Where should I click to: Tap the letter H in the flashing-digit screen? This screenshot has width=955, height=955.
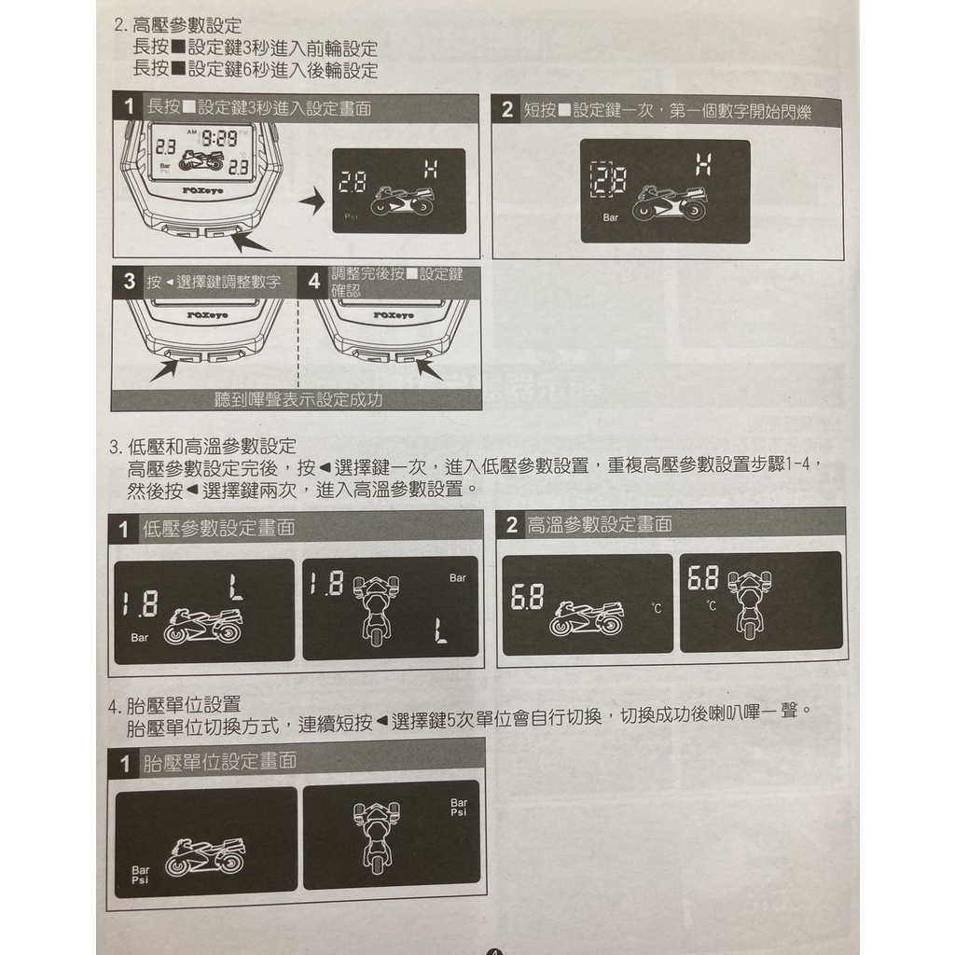click(x=704, y=164)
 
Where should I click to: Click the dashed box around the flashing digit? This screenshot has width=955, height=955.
click(x=602, y=179)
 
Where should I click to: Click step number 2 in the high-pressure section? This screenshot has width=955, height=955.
click(x=507, y=110)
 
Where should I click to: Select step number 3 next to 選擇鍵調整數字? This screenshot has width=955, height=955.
click(x=129, y=282)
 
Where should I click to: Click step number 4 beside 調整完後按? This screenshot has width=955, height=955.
click(x=313, y=282)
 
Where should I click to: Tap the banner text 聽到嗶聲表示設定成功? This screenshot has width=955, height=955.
click(x=298, y=399)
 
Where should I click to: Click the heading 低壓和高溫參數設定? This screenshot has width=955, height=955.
click(x=212, y=447)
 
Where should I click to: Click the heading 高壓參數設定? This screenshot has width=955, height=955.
click(x=187, y=25)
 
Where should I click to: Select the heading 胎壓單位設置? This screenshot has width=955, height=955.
click(x=184, y=705)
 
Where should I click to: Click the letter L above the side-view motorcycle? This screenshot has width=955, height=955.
click(x=236, y=588)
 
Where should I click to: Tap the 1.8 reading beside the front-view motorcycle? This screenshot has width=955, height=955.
click(x=327, y=584)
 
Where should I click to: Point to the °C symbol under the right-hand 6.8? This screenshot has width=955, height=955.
click(x=712, y=606)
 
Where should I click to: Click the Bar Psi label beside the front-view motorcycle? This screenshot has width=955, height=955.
click(x=459, y=808)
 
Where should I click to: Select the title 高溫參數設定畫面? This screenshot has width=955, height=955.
click(x=600, y=524)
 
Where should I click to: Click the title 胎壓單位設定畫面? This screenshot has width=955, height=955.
click(x=220, y=761)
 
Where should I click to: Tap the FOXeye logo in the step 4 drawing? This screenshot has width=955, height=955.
click(x=393, y=315)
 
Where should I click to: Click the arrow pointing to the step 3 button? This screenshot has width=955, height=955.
click(x=164, y=370)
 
